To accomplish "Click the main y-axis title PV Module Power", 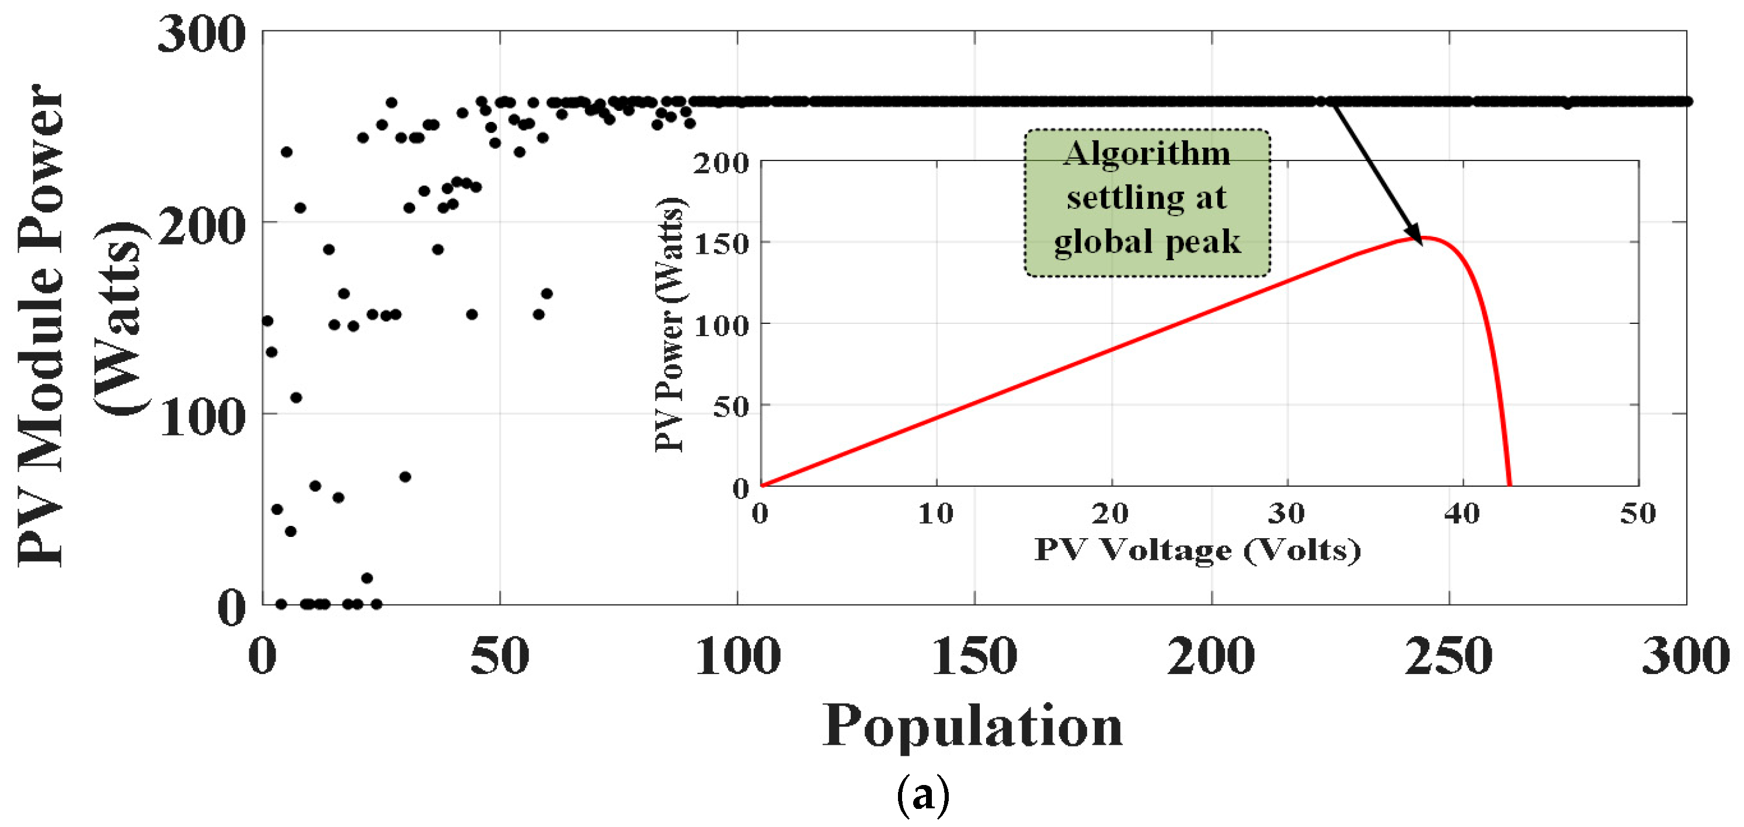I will [x=41, y=325].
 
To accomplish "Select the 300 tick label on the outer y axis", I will [x=201, y=34].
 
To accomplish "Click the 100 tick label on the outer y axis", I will [x=201, y=417].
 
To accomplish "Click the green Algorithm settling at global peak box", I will [x=1147, y=203].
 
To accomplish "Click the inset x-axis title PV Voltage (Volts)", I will [x=1197, y=550].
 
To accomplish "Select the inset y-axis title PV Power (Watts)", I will [x=670, y=325].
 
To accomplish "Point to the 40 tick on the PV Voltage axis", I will [x=1463, y=514].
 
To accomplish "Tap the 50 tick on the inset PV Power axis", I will [x=731, y=406].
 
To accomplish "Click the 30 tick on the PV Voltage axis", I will [x=1286, y=514].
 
